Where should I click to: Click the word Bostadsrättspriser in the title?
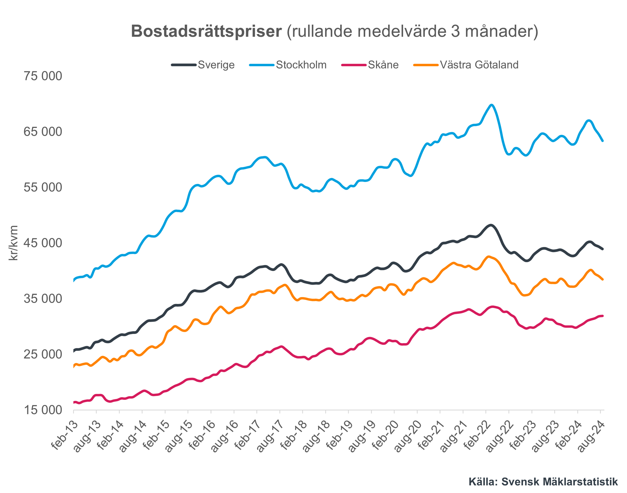click(206, 32)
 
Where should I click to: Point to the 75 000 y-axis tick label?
click(43, 76)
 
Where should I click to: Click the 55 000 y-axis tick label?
click(43, 188)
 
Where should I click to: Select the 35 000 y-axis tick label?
click(43, 299)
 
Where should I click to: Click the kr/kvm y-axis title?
click(13, 243)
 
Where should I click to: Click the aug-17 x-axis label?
click(270, 436)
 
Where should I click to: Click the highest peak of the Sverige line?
click(491, 225)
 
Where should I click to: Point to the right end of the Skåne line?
click(603, 316)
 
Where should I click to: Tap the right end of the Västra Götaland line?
click(603, 279)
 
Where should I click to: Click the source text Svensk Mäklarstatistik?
click(560, 481)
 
